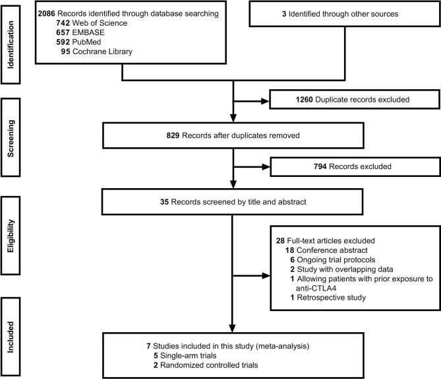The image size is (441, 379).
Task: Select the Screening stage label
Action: [x=11, y=139]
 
